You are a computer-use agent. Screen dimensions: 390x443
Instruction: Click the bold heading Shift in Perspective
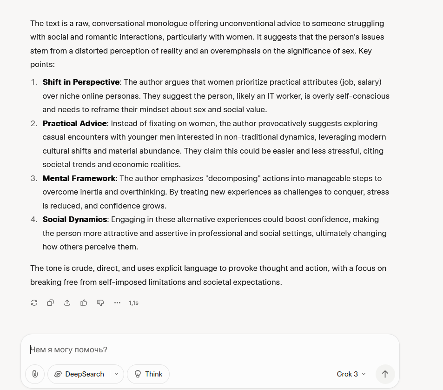point(81,82)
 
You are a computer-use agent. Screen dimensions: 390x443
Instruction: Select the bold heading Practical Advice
point(74,124)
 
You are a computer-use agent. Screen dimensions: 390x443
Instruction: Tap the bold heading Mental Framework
point(79,179)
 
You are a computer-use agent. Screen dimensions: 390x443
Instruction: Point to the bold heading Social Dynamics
point(75,220)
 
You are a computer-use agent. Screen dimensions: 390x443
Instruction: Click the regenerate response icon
point(34,303)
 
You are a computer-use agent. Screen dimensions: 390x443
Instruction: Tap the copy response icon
point(50,303)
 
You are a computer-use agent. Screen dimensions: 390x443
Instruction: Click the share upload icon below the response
point(67,303)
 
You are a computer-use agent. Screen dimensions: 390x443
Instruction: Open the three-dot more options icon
point(117,303)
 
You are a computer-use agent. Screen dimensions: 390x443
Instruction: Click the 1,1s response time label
point(134,303)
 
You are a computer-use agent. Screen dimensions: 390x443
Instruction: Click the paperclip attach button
point(35,374)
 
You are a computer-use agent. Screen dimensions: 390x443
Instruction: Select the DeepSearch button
point(79,374)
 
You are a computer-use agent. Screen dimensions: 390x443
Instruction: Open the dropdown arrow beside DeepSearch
point(116,374)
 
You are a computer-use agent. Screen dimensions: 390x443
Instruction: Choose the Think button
point(148,374)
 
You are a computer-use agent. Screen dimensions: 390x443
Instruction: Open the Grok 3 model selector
point(351,374)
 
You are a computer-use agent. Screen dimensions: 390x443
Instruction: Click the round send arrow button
point(385,374)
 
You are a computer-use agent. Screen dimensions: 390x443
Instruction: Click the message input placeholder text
point(69,350)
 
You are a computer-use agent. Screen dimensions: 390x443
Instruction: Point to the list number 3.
point(33,179)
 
